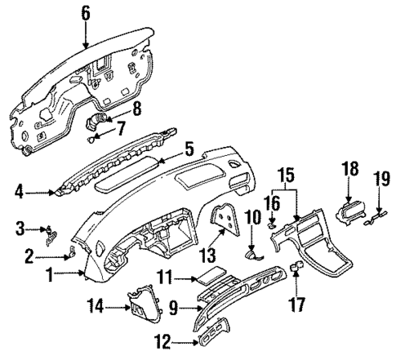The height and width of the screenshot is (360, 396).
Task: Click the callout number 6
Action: click(87, 12)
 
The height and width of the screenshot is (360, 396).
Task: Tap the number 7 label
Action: click(121, 127)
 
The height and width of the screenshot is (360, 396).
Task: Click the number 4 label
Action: click(18, 193)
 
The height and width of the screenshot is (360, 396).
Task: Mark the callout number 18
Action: click(349, 169)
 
